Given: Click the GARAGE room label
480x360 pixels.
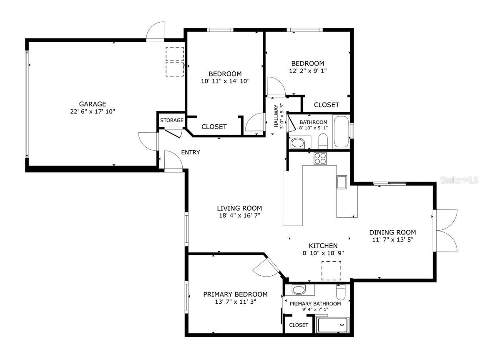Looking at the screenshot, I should (93, 104).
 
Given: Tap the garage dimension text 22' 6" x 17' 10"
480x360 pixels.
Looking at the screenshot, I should (93, 111).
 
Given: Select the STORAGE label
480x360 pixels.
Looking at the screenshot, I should (172, 120).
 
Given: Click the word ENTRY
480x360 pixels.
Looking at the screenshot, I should (190, 152).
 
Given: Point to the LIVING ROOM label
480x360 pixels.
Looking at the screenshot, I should (239, 208).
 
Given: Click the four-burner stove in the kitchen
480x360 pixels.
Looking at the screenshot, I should (320, 159).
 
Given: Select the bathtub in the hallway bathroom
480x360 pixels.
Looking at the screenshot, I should (342, 132).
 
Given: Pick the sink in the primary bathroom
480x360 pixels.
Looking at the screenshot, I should (298, 290).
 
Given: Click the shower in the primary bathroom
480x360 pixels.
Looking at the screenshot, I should (332, 325).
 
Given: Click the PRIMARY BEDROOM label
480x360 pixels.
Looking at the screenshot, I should (235, 294).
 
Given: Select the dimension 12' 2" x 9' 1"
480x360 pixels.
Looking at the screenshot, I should (308, 70).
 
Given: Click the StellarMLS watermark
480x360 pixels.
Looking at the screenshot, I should (459, 180).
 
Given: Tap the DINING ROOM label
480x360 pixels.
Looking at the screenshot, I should (392, 232).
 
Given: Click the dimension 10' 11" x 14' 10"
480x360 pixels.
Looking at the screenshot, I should (225, 81).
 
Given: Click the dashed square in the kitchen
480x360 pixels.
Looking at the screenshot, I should (331, 271).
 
